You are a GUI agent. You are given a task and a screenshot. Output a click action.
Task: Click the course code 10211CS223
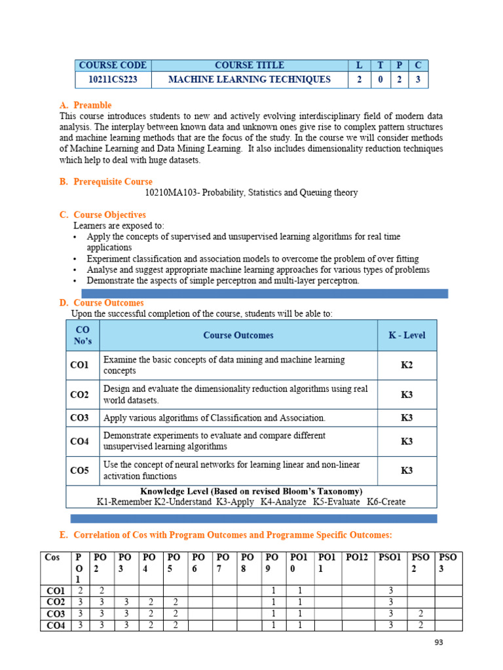[x=112, y=80]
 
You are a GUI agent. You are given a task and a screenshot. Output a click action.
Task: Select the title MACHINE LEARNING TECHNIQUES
[x=250, y=80]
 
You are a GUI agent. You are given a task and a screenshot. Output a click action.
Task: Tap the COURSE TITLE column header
[x=250, y=65]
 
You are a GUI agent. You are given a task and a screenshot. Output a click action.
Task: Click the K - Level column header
[x=407, y=335]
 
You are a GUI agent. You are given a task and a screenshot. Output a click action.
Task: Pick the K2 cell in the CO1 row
[x=407, y=365]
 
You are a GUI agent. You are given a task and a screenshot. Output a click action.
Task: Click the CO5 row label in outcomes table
[x=79, y=470]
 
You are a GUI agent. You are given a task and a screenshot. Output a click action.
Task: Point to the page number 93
[x=439, y=643]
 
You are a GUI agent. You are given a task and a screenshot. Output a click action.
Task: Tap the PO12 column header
[x=357, y=557]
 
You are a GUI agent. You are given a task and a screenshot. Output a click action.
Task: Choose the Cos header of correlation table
[x=52, y=557]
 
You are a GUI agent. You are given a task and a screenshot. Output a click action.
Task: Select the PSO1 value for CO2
[x=390, y=602]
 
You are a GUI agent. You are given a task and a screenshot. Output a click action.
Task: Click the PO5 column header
[x=174, y=561]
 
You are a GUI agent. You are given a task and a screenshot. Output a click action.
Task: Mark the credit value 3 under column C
[x=418, y=80]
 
